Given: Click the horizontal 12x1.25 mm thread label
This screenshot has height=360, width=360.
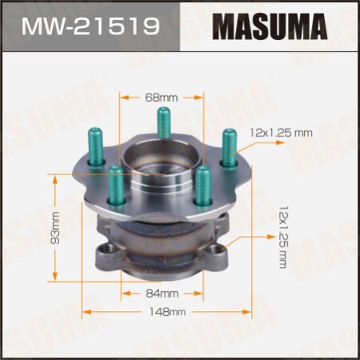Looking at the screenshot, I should pos(280,132).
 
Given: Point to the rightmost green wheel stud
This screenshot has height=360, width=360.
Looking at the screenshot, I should pos(230,148).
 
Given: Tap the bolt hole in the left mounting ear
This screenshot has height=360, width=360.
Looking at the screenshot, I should pos(103,255).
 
